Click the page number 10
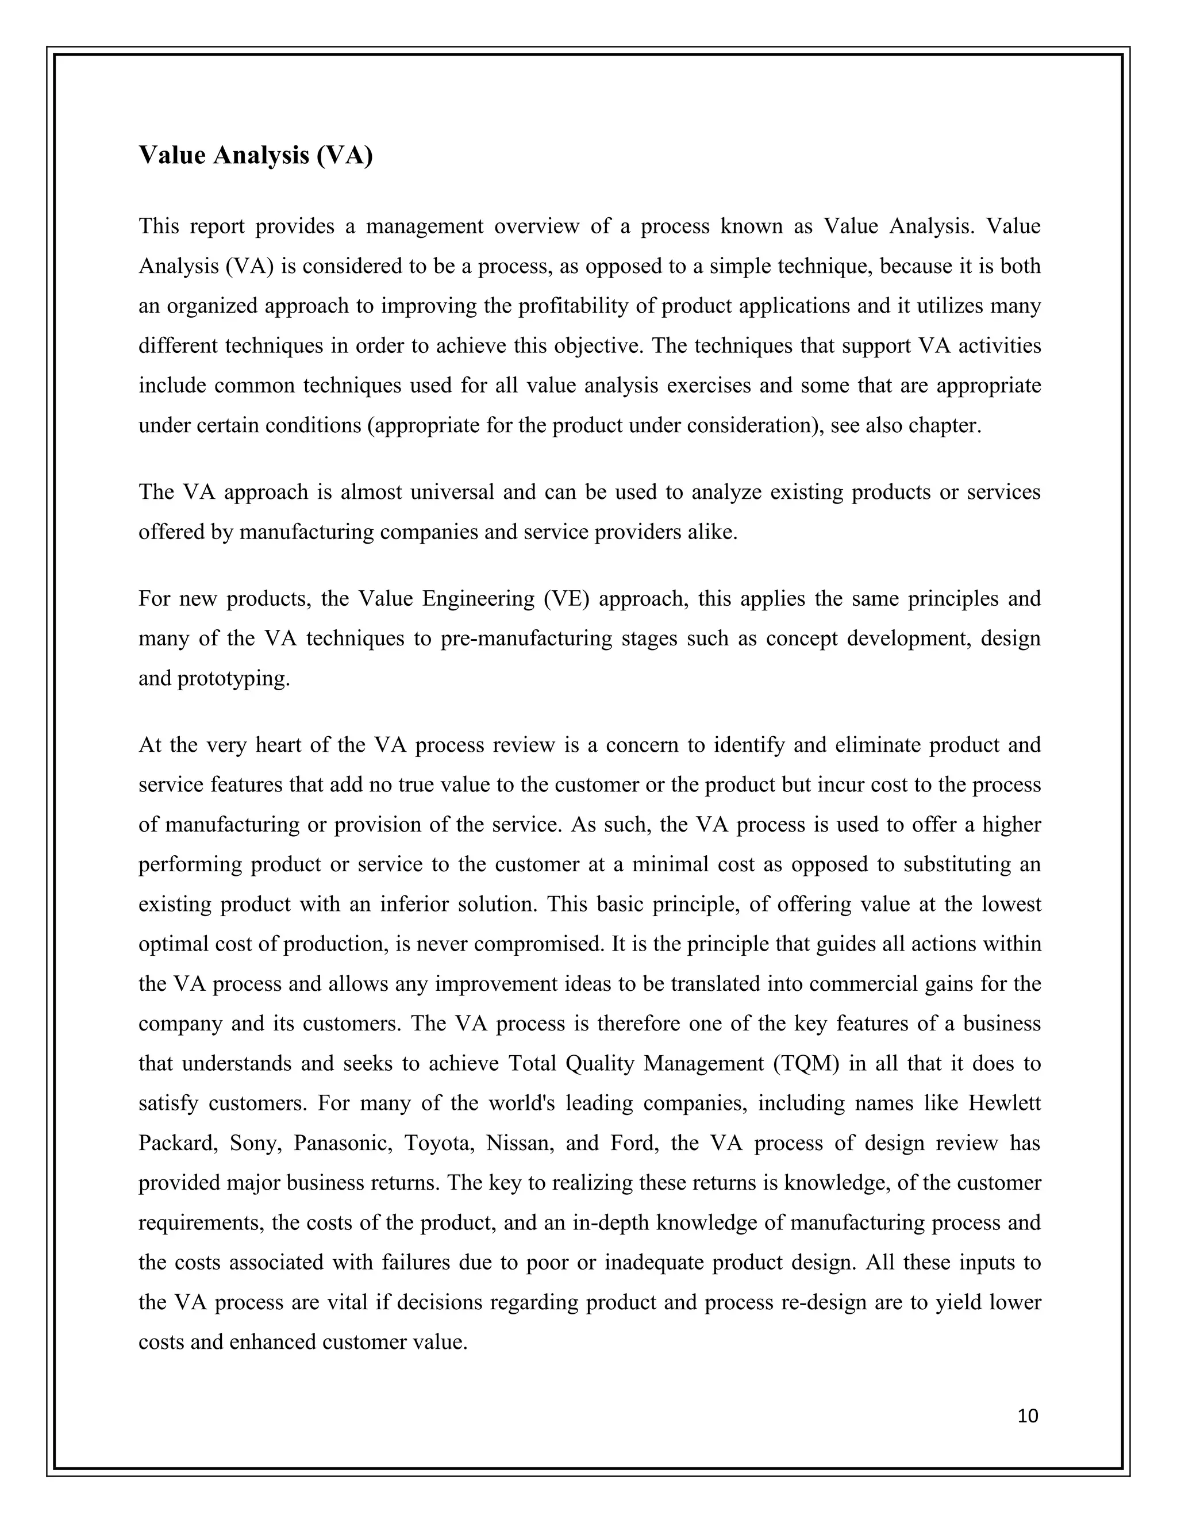(1028, 1416)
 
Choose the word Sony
(255, 1144)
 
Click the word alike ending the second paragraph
(714, 532)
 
